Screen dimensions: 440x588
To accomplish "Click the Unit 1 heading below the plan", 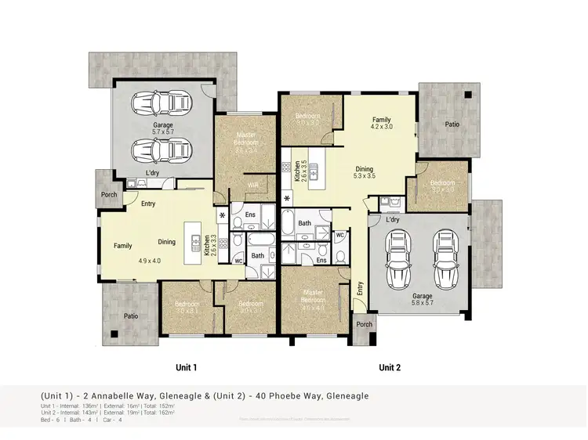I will pos(185,367).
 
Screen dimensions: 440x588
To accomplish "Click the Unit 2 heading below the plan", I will pos(390,367).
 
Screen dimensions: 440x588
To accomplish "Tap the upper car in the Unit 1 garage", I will pos(163,104).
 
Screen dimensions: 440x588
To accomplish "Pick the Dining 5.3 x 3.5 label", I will pos(365,173).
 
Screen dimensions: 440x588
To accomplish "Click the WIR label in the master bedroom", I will pos(253,186).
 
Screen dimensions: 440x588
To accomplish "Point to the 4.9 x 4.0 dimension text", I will pos(149,261).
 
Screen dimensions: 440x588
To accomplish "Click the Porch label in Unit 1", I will pos(108,196).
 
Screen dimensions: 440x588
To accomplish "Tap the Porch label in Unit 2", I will pos(365,324).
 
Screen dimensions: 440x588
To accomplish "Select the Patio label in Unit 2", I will pos(452,124).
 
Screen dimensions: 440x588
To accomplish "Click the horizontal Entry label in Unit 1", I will pos(147,204).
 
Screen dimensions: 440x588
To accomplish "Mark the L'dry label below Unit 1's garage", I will pos(154,173).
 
